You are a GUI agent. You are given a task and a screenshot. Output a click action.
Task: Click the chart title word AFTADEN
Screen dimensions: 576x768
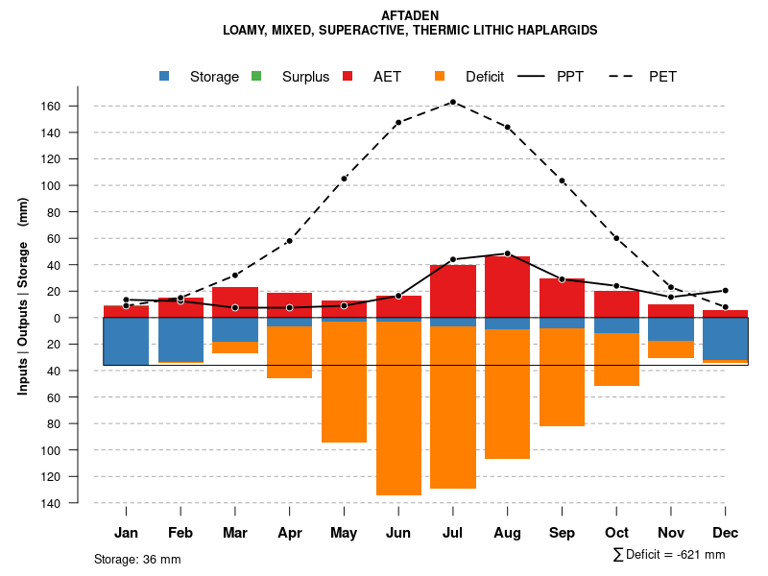tap(410, 15)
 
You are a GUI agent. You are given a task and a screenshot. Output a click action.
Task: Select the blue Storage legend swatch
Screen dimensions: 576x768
tap(166, 77)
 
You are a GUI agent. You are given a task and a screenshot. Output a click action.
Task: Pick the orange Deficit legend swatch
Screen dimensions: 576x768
tap(441, 77)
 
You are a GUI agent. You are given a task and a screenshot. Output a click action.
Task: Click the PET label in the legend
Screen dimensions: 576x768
tap(662, 77)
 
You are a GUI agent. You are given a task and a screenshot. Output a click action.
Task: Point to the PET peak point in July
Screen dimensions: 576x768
tap(452, 102)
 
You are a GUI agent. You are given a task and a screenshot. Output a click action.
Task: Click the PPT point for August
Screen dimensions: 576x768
tap(507, 253)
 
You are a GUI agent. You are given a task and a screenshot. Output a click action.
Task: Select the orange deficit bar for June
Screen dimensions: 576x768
tap(398, 408)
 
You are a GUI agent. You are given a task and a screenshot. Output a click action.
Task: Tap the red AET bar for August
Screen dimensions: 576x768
tap(507, 286)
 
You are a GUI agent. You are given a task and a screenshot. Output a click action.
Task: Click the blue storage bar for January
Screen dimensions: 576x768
tap(126, 341)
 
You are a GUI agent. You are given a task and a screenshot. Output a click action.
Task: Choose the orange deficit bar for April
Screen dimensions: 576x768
tap(289, 352)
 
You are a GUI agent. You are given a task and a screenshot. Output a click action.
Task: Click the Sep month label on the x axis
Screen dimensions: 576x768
tap(562, 533)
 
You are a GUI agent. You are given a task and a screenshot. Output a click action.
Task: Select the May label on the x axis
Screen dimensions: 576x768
tap(344, 533)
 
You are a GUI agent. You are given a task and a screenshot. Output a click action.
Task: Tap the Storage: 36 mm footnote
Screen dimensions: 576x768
tap(137, 559)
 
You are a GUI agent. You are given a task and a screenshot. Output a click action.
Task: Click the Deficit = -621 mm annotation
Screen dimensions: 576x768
tap(675, 555)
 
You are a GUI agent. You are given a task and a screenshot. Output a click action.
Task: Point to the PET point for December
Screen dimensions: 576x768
tap(725, 307)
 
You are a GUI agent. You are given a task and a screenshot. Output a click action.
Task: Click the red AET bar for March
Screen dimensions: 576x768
tap(235, 301)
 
